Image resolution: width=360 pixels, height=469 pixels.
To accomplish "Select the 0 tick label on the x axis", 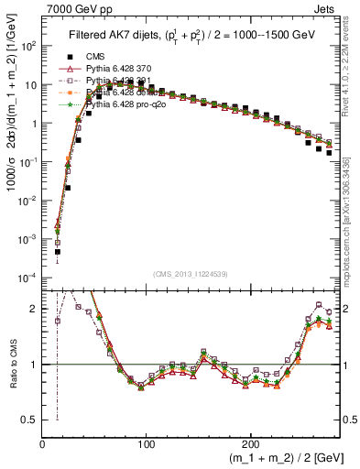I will coord(43,451).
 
